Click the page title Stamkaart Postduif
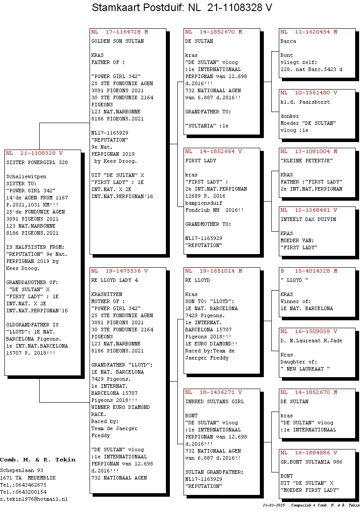136,7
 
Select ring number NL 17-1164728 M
120,32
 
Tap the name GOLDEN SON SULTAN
117,41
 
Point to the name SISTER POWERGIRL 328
37,162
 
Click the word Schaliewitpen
26,177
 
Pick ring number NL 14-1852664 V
213,152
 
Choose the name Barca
288,41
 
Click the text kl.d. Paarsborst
305,102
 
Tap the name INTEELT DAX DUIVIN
308,219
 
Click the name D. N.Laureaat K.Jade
311,341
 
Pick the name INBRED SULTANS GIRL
214,401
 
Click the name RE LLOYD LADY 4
114,280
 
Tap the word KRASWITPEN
107,294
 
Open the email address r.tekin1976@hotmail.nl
34,499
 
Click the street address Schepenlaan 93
22,471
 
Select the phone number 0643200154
30,492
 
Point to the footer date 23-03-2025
274,505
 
